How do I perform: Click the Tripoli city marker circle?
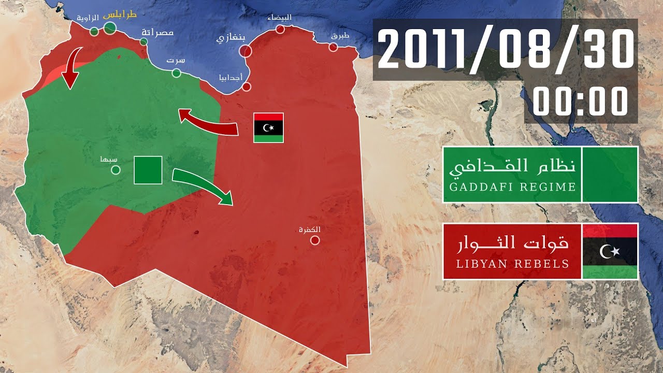110,28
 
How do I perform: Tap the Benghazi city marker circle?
246,51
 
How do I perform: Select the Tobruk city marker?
334,48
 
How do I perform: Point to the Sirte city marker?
176,73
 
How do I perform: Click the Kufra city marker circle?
315,240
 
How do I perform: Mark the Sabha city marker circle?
116,169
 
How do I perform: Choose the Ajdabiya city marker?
247,87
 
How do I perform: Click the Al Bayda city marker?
280,30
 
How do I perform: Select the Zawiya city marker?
94,32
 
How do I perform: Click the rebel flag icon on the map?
268,127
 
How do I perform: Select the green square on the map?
148,170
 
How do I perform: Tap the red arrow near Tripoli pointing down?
70,67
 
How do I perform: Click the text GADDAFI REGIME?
512,187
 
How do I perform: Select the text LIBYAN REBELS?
512,264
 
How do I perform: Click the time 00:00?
580,102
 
